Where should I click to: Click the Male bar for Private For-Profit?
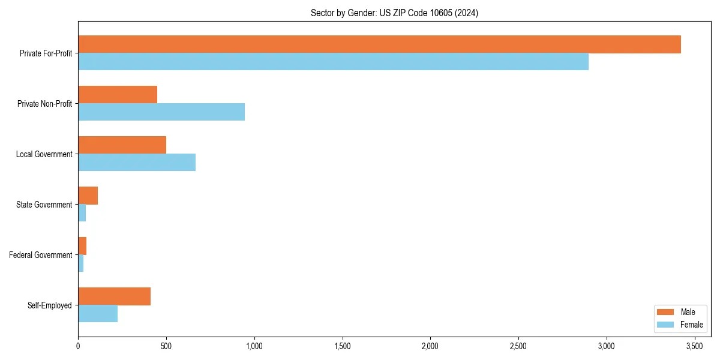[x=379, y=44]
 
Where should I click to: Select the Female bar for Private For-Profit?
[x=333, y=62]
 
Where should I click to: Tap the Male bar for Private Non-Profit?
[x=118, y=95]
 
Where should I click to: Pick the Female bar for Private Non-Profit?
[x=161, y=112]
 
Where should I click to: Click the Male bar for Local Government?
[x=122, y=145]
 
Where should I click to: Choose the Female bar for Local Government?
[x=137, y=163]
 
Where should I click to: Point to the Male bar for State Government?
[x=88, y=196]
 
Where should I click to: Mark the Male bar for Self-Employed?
[x=114, y=296]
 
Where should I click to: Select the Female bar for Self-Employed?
[x=98, y=314]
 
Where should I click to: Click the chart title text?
[x=394, y=13]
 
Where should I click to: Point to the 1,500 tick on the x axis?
[x=343, y=346]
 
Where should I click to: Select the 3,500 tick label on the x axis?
[x=695, y=346]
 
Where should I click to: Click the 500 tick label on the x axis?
[x=166, y=346]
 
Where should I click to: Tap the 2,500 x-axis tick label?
[x=518, y=346]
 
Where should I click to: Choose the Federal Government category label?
[x=41, y=255]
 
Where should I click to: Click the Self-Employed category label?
[x=50, y=305]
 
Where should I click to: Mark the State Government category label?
[x=44, y=205]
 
